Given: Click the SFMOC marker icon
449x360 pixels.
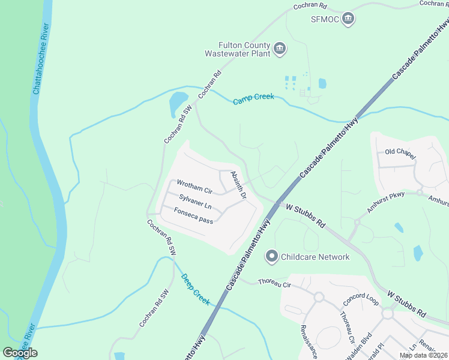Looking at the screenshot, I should [349, 20].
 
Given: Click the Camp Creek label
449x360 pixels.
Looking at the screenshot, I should [253, 99].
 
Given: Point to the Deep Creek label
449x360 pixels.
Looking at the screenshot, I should [195, 286].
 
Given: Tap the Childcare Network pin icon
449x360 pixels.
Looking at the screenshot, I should [271, 257].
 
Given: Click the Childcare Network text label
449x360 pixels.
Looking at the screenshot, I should [315, 257].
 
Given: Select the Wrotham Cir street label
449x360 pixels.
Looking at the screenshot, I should [194, 187].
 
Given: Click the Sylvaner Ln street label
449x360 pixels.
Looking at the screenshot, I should [195, 202].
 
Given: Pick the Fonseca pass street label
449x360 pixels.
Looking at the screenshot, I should [193, 216].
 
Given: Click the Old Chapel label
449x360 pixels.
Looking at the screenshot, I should [400, 154].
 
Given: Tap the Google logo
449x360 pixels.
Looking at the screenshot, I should [20, 353].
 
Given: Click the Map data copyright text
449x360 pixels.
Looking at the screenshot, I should [423, 355].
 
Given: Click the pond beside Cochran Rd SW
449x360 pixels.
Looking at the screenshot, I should [178, 104].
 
